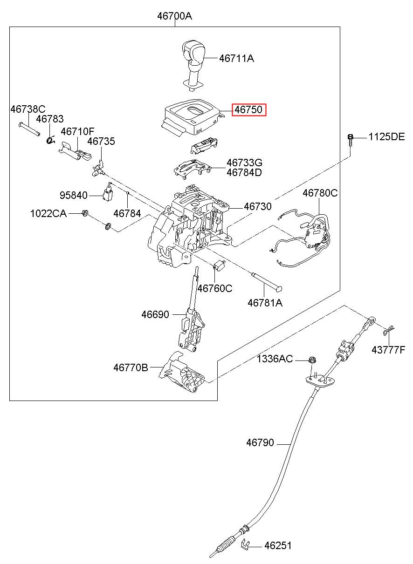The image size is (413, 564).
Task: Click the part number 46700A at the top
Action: coord(174,16)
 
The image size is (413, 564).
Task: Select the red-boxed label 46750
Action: coord(249,110)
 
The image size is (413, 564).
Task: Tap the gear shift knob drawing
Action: coord(193,65)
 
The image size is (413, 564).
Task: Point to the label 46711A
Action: coord(236,59)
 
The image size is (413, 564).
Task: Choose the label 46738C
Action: coord(28,109)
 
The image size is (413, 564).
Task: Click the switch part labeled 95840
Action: coord(108,191)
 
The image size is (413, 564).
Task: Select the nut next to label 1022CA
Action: coord(85,213)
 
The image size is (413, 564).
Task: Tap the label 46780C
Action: coord(320,193)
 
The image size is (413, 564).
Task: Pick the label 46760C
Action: coord(215,288)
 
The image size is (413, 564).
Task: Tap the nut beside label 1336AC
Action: coord(312,360)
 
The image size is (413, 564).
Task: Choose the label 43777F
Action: coord(388,350)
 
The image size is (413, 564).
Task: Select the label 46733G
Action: coord(244,163)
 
